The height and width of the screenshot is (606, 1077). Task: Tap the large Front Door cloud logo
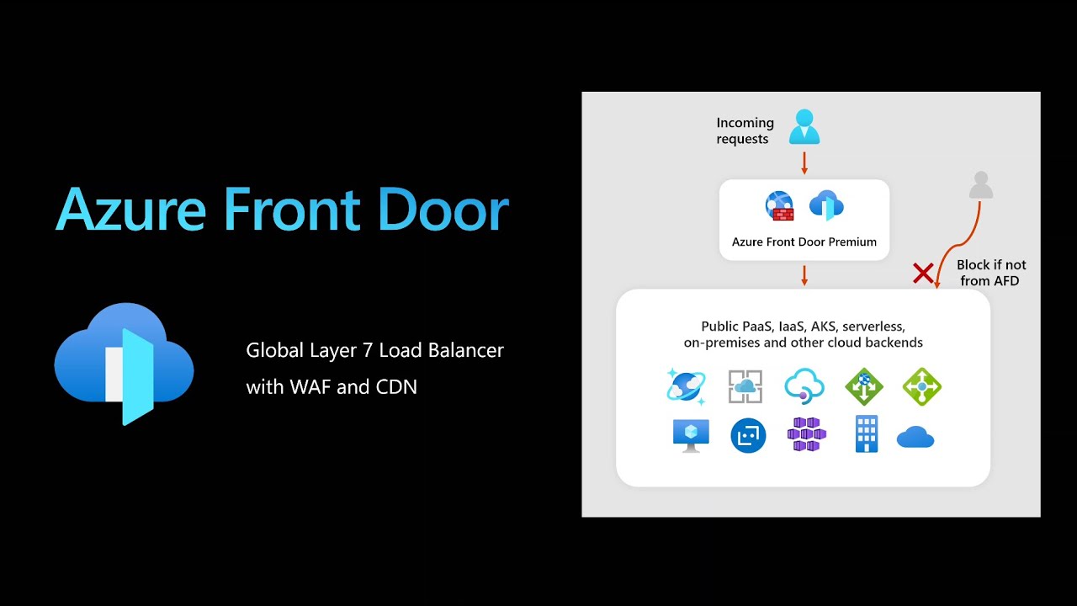coord(125,364)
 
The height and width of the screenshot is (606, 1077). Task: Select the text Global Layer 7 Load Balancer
coord(374,350)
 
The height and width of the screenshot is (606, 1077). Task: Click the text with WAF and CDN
coord(332,387)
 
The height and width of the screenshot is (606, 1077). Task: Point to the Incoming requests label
coord(745,130)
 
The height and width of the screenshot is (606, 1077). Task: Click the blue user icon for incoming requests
coord(804,127)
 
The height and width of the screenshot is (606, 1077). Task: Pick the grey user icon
coord(980,185)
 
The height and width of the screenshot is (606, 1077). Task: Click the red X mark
coord(923,273)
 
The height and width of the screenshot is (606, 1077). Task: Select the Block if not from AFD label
coord(990,273)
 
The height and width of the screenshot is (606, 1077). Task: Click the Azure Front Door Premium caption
coord(804,242)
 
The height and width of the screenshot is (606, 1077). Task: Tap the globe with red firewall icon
coord(780,206)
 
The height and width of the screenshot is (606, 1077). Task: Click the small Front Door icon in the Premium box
coord(826,205)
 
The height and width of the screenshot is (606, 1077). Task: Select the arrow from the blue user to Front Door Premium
coord(804,162)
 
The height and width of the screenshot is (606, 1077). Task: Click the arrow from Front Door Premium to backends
coord(804,275)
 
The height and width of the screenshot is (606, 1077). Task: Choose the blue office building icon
coord(867,434)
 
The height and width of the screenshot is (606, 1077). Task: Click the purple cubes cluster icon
coord(807,434)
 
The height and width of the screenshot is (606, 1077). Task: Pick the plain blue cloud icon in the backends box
coord(915,437)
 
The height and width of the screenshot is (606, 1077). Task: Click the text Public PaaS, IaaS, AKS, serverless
coord(803,327)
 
